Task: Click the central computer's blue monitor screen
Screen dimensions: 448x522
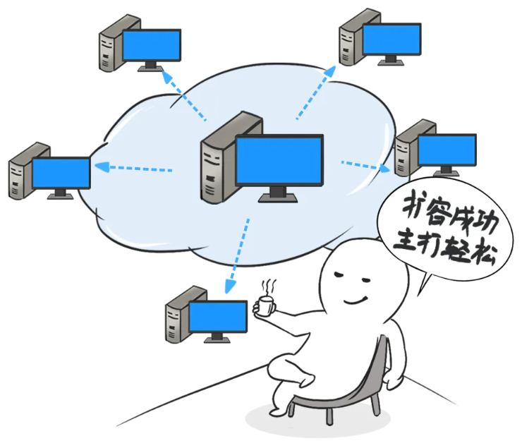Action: click(x=279, y=161)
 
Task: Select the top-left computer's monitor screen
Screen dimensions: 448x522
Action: click(x=151, y=45)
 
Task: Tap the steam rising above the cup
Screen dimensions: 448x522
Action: click(x=269, y=288)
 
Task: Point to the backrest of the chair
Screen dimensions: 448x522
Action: click(x=380, y=367)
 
